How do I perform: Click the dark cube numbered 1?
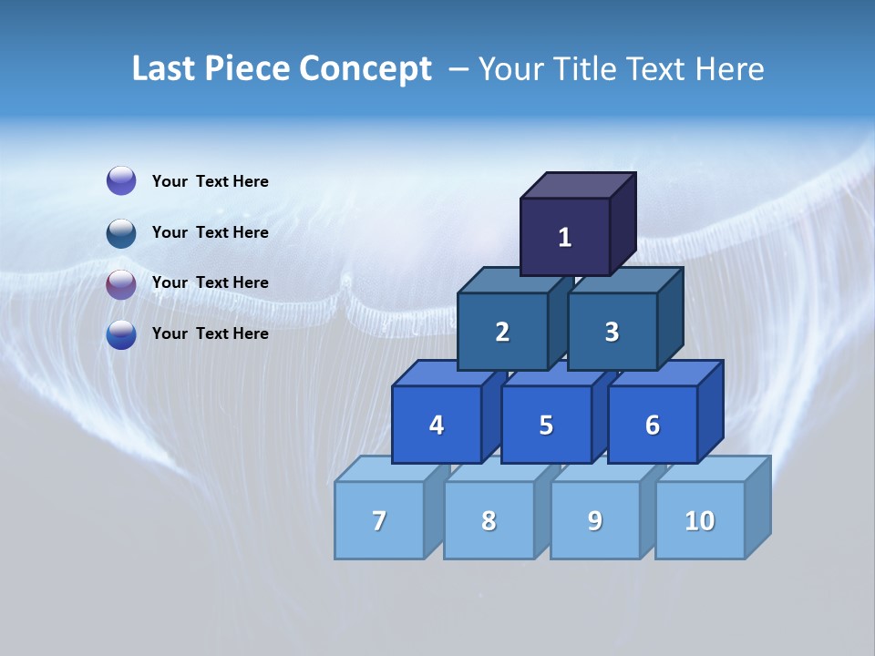565,237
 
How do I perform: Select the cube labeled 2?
502,333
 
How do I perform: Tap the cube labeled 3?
612,333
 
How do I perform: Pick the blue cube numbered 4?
437,425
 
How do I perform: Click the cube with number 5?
546,425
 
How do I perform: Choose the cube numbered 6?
653,425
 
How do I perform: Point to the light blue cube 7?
379,520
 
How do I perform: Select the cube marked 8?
489,520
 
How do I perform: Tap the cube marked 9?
595,520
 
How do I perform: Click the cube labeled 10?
700,520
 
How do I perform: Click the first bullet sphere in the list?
121,181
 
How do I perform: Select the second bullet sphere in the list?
121,232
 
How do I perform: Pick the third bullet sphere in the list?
121,283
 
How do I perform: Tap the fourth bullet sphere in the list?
121,334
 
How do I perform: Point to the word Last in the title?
164,69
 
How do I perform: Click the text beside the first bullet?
211,181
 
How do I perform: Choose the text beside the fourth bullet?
211,333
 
